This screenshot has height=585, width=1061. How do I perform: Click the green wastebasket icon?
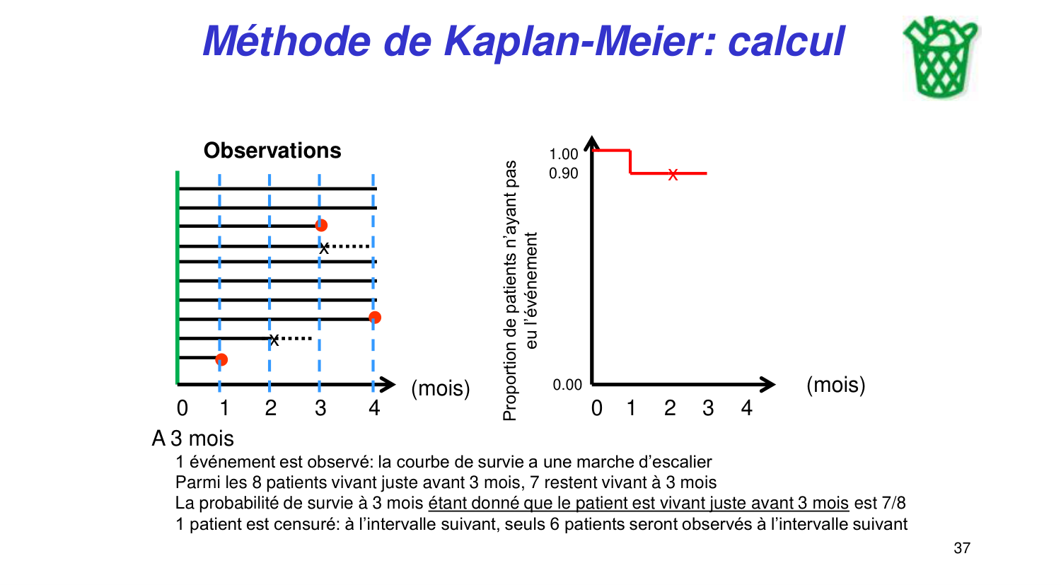tap(940, 58)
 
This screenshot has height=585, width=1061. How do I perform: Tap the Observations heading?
tap(272, 151)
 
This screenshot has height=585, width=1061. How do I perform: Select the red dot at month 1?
tap(221, 359)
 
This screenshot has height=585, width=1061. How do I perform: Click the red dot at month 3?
tap(321, 225)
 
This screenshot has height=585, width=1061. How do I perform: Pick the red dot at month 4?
tap(375, 317)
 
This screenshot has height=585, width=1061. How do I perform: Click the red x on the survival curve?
tap(673, 174)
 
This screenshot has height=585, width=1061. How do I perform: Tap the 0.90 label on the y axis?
tap(564, 173)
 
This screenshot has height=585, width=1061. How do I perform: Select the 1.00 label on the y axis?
tap(564, 154)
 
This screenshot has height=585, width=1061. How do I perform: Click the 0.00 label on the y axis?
tap(567, 385)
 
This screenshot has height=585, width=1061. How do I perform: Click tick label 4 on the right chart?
tap(746, 408)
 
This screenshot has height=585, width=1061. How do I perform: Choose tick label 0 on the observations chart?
tap(182, 408)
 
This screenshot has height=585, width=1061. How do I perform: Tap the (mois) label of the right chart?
tap(835, 385)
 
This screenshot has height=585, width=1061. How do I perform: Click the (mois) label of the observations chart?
tap(441, 388)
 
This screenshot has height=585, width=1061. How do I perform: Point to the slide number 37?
tap(962, 548)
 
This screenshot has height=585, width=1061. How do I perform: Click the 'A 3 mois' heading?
tap(193, 439)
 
